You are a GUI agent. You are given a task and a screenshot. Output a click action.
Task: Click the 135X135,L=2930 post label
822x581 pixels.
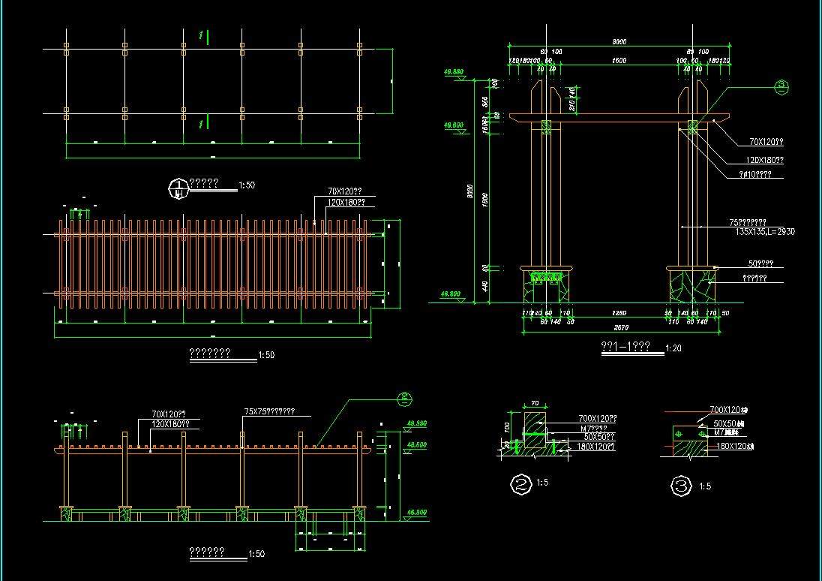pyautogui.click(x=765, y=232)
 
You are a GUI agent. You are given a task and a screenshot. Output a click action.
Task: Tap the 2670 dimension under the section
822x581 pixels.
pyautogui.click(x=619, y=328)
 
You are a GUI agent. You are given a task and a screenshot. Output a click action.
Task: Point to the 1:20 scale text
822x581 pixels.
pyautogui.click(x=673, y=348)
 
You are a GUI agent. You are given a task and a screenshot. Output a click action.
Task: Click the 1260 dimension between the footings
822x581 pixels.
pyautogui.click(x=619, y=312)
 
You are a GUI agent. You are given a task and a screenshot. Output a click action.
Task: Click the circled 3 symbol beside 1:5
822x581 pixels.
pyautogui.click(x=680, y=486)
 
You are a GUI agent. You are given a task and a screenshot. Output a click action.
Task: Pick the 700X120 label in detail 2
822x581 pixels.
pyautogui.click(x=597, y=418)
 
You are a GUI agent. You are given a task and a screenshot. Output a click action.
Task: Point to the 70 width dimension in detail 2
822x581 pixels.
pyautogui.click(x=535, y=403)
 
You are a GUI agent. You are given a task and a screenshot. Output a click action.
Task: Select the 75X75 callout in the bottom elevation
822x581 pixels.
pyautogui.click(x=268, y=411)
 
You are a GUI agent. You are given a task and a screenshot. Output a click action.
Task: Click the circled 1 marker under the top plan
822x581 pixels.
pyautogui.click(x=178, y=188)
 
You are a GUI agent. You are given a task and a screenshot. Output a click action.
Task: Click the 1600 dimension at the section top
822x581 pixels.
pyautogui.click(x=619, y=60)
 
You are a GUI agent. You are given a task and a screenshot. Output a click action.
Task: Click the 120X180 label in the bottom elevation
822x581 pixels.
pyautogui.click(x=170, y=423)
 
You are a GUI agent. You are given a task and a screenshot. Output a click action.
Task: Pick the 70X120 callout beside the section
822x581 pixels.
pyautogui.click(x=766, y=142)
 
